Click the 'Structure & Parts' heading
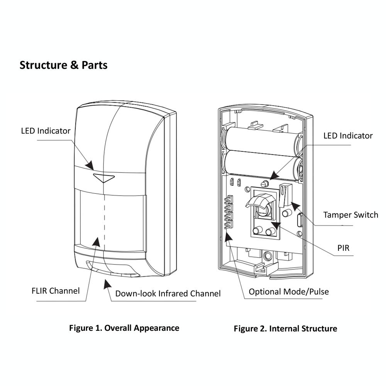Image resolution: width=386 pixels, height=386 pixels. coord(64,65)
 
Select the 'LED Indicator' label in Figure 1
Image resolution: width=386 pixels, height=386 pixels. coord(46,131)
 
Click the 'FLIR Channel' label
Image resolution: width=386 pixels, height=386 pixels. coord(56,291)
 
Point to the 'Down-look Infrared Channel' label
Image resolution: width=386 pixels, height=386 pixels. coord(168,293)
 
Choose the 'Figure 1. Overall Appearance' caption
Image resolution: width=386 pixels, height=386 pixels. coord(124,328)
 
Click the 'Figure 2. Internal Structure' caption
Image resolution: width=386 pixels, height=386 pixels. coord(285,328)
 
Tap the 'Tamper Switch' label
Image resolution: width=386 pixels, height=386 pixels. coord(350,215)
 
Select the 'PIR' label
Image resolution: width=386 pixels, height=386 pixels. coord(344,248)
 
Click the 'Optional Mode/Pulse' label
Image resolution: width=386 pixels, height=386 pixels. coord(289,292)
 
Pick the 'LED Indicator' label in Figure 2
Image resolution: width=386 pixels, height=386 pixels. coord(348,135)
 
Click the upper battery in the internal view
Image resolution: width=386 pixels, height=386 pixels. coord(262,139)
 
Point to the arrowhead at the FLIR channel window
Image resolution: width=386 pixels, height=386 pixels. coord(96,242)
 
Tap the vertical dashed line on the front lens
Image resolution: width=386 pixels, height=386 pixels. coord(104,220)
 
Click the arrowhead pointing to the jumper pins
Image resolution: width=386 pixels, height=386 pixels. coord(229,236)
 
